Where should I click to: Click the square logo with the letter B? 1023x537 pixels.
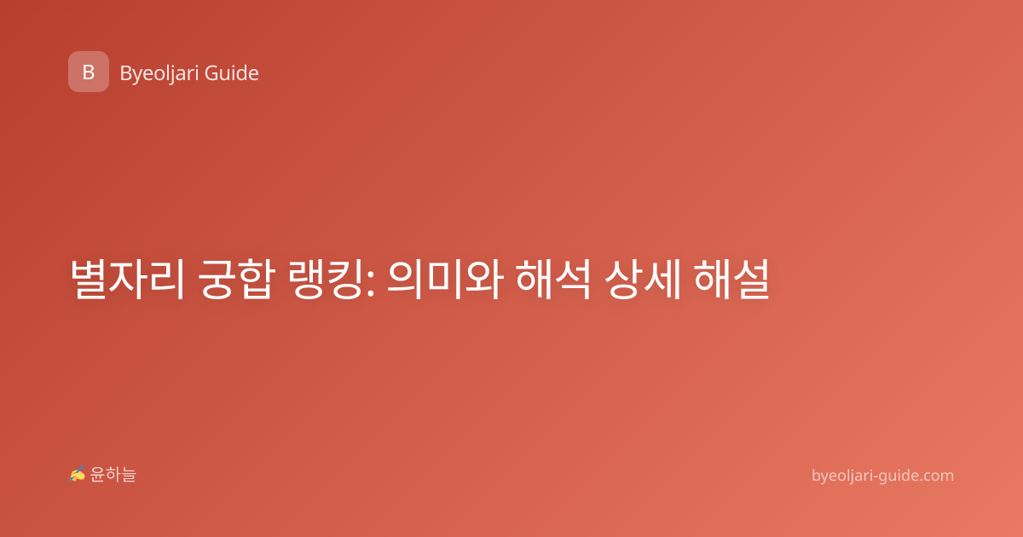[89, 72]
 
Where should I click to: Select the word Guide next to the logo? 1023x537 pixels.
[232, 73]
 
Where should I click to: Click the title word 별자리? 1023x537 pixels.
[127, 279]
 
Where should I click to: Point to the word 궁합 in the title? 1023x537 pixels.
[237, 279]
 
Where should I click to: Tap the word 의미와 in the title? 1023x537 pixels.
[445, 279]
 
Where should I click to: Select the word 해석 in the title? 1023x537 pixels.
[553, 279]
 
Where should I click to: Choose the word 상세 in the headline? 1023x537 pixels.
[643, 279]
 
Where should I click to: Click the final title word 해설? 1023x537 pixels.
[731, 279]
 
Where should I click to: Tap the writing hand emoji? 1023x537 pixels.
[78, 474]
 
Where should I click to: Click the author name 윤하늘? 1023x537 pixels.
[113, 475]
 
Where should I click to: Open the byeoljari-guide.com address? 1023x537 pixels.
[882, 476]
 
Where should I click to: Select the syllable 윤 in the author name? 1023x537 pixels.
[97, 475]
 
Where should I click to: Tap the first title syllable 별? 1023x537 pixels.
[89, 279]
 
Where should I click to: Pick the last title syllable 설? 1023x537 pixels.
[751, 279]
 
